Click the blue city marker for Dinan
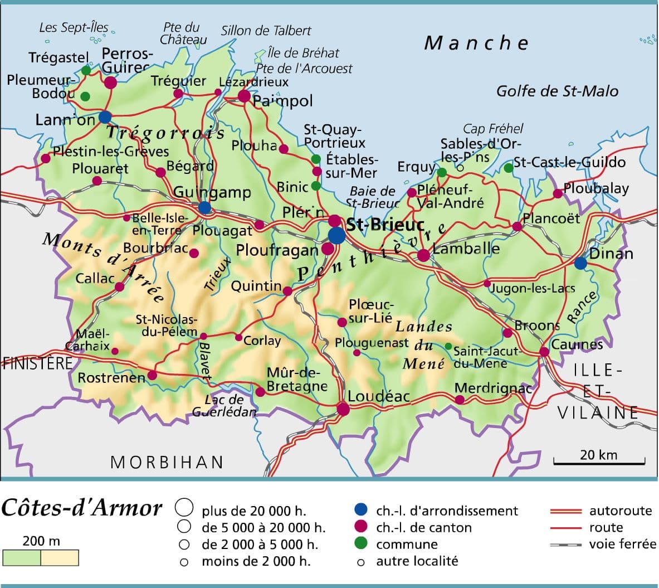click(580, 263)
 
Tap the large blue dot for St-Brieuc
click(336, 235)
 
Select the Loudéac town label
click(379, 396)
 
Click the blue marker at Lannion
click(105, 117)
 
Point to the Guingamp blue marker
click(204, 207)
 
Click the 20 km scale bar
click(599, 461)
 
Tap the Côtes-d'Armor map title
click(82, 508)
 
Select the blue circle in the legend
click(361, 509)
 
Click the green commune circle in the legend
click(361, 543)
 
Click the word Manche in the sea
click(476, 43)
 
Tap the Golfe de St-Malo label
click(557, 91)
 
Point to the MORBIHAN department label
click(167, 462)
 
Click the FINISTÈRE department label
click(37, 363)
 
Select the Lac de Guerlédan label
click(224, 406)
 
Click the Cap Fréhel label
click(493, 129)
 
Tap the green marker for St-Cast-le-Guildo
click(508, 168)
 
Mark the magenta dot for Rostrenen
click(152, 375)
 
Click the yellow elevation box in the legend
click(60, 558)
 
